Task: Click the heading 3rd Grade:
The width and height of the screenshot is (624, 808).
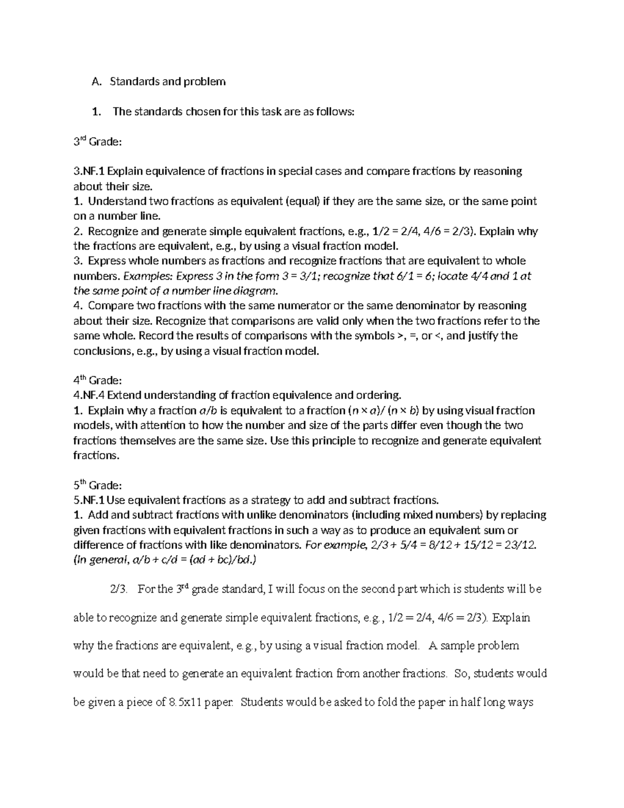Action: click(97, 142)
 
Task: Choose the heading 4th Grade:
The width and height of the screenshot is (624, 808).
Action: click(97, 380)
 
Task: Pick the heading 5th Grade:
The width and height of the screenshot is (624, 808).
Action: click(97, 485)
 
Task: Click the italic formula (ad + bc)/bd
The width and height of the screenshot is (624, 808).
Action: click(223, 560)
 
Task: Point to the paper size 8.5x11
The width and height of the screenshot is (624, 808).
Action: click(186, 702)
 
